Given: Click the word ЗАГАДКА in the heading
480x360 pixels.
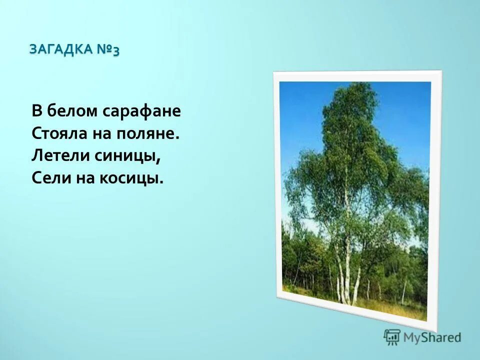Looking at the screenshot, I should coord(61,49).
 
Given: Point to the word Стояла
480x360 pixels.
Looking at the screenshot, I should coord(57,133).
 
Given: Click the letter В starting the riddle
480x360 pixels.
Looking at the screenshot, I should coord(36,111).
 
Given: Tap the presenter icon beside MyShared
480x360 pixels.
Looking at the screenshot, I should coord(392,337).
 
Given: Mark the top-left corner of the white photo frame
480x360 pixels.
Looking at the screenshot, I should coord(273,72).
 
